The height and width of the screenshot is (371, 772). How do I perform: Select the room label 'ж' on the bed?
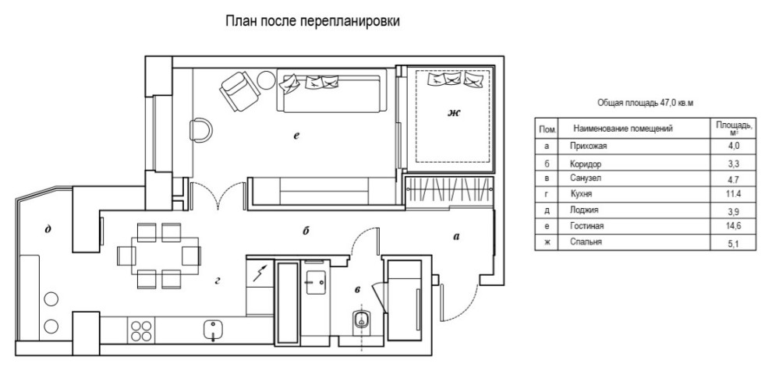453,114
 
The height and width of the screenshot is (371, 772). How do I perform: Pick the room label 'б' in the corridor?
306,231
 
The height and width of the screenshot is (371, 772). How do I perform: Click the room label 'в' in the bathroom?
358,290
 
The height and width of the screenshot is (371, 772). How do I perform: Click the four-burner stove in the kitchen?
140,330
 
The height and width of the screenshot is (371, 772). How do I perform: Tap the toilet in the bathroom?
361,321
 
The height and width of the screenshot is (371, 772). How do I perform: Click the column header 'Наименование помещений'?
622,129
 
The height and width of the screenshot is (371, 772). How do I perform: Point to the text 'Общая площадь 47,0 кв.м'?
645,102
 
